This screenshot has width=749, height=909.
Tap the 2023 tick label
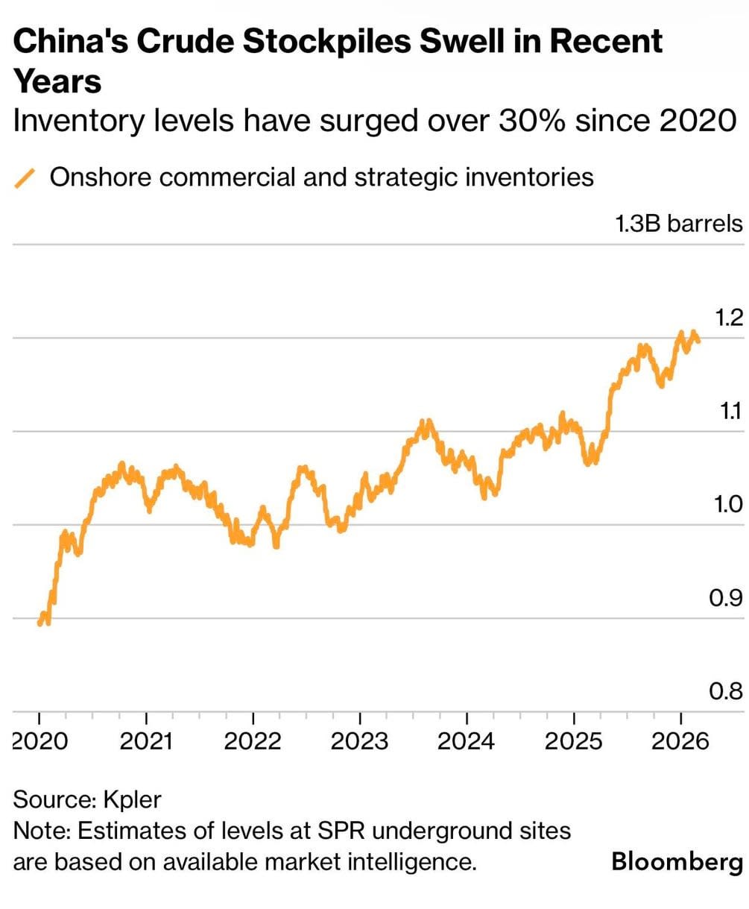(x=360, y=741)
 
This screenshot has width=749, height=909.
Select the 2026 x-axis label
(x=680, y=741)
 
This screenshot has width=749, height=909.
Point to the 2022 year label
(x=253, y=741)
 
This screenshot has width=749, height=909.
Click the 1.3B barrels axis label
(x=679, y=224)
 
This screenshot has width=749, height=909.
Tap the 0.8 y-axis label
(x=727, y=692)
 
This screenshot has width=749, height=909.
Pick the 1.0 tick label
(x=727, y=505)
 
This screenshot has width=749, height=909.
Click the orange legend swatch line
(x=25, y=177)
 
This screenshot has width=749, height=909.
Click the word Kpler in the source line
(x=132, y=800)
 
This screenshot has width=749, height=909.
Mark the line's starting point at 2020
(x=39, y=623)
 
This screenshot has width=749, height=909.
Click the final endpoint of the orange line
(x=698, y=341)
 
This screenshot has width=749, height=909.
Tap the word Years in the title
(x=57, y=80)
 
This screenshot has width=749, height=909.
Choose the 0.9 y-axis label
(x=727, y=598)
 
